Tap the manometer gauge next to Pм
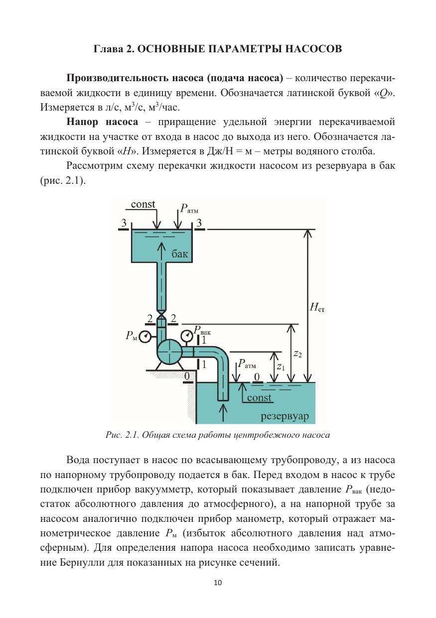(145, 337)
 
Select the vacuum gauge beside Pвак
(187, 335)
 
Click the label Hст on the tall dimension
(317, 307)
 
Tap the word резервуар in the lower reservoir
(285, 415)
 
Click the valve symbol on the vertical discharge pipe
(161, 313)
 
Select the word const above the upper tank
(143, 204)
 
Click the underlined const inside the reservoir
(259, 397)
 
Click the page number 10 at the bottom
(218, 582)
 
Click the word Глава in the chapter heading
(108, 49)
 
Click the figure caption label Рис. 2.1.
(122, 435)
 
